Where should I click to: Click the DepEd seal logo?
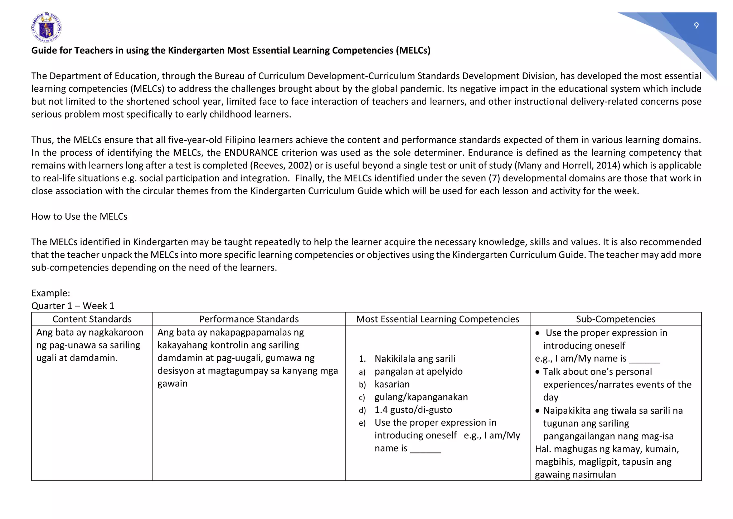point(46,28)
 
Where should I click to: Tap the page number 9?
point(696,25)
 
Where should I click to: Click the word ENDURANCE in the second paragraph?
point(251,153)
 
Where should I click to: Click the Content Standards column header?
point(92,319)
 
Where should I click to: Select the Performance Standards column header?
point(249,319)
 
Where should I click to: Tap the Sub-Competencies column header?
point(616,319)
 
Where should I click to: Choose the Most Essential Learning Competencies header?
point(437,319)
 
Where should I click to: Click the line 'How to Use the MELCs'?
point(79,216)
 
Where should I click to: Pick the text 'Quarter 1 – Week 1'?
point(73,306)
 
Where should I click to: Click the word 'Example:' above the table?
point(50,293)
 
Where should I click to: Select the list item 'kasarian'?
point(392,384)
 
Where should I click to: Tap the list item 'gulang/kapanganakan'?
point(421,397)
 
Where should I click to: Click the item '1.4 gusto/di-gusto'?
point(413,410)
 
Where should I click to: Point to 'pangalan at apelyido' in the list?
point(418,371)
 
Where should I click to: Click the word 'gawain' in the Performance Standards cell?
point(173,384)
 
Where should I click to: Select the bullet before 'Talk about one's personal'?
point(538,372)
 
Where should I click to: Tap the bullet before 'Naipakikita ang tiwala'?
point(538,411)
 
